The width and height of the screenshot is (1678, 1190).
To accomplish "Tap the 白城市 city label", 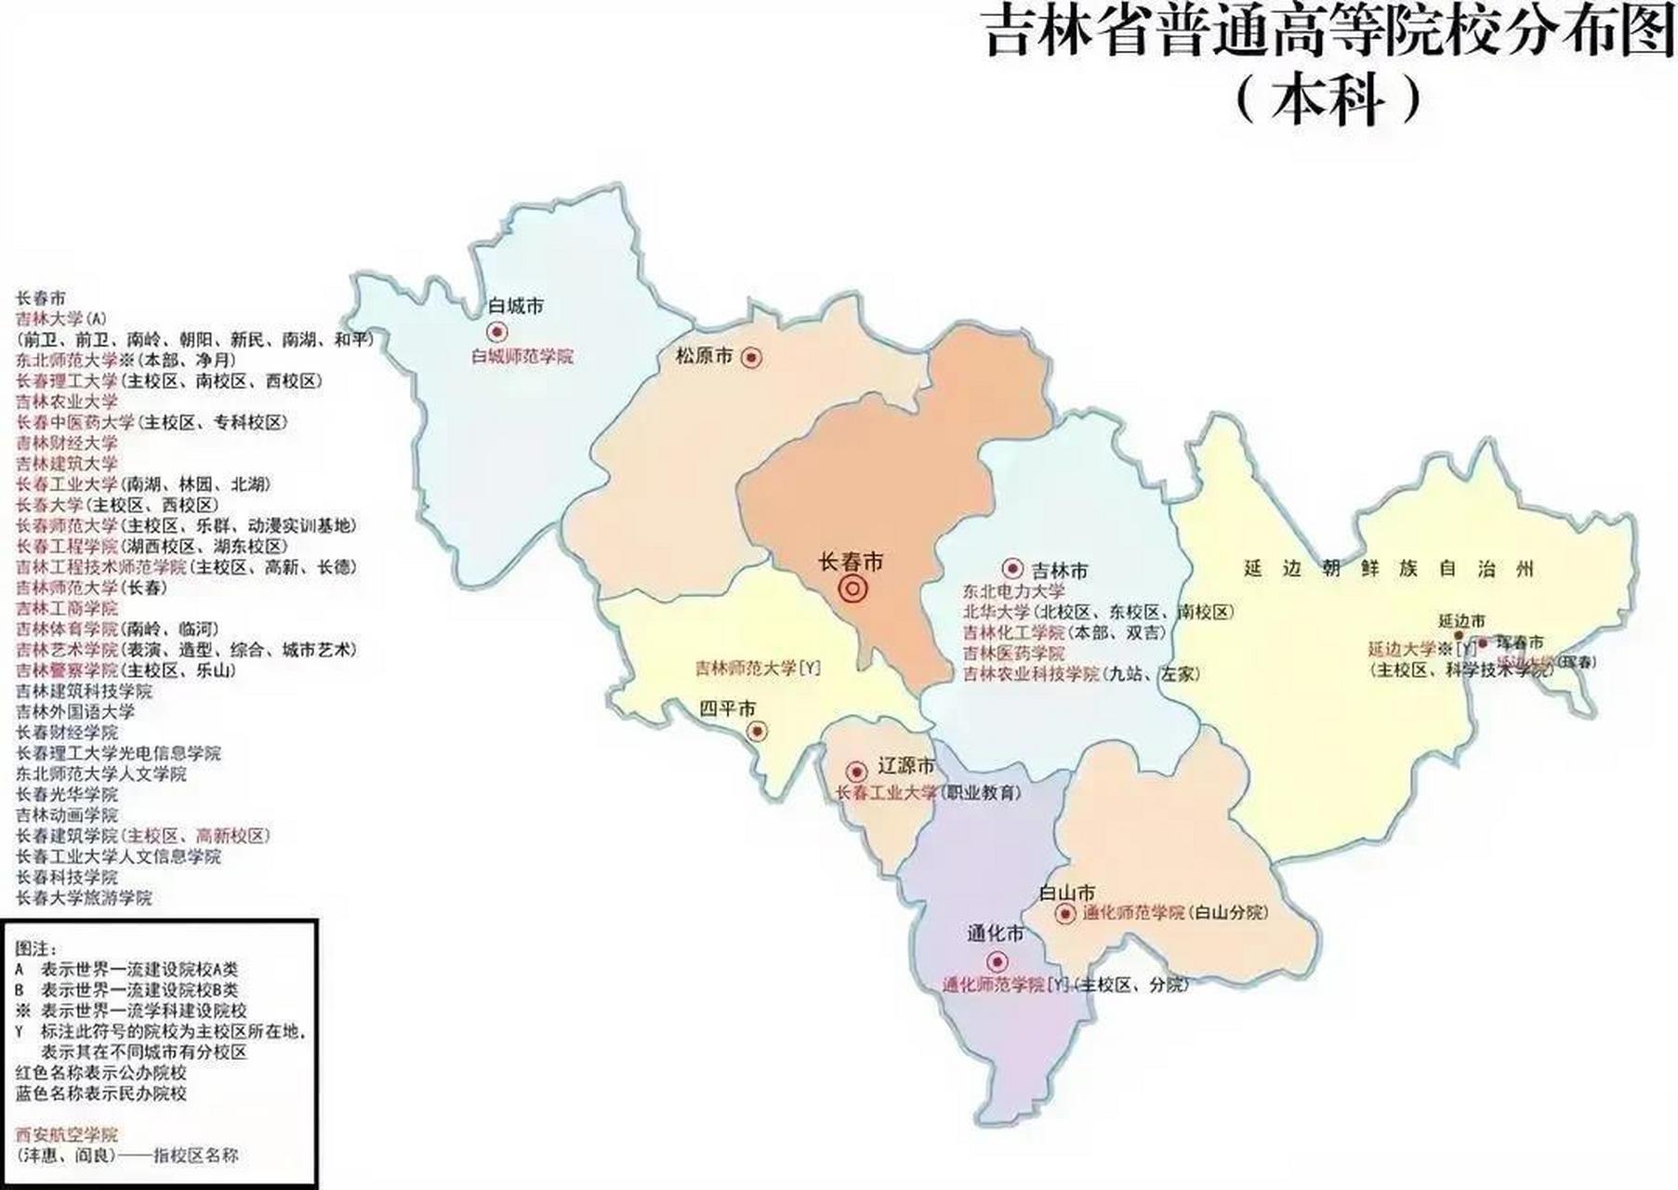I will point(515,306).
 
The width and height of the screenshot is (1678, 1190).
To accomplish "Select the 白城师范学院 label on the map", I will point(522,356).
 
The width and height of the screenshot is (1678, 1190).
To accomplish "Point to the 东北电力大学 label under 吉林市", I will point(1013,591).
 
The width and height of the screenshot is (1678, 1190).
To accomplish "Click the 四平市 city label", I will point(728,708).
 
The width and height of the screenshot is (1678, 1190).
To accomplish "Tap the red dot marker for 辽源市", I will point(856,772).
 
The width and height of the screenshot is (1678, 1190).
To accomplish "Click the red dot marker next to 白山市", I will point(1066,914).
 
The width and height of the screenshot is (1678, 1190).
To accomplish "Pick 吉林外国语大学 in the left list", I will point(75,712).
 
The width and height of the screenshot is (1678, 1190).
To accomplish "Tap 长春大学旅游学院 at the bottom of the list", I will point(84,898).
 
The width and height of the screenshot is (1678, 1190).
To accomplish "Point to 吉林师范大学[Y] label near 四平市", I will point(758,668).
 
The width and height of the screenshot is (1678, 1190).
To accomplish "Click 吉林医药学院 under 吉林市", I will point(1013,654).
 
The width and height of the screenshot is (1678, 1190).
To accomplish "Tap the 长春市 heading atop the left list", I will point(41,298).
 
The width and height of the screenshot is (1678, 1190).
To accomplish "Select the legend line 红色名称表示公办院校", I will point(101,1073).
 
